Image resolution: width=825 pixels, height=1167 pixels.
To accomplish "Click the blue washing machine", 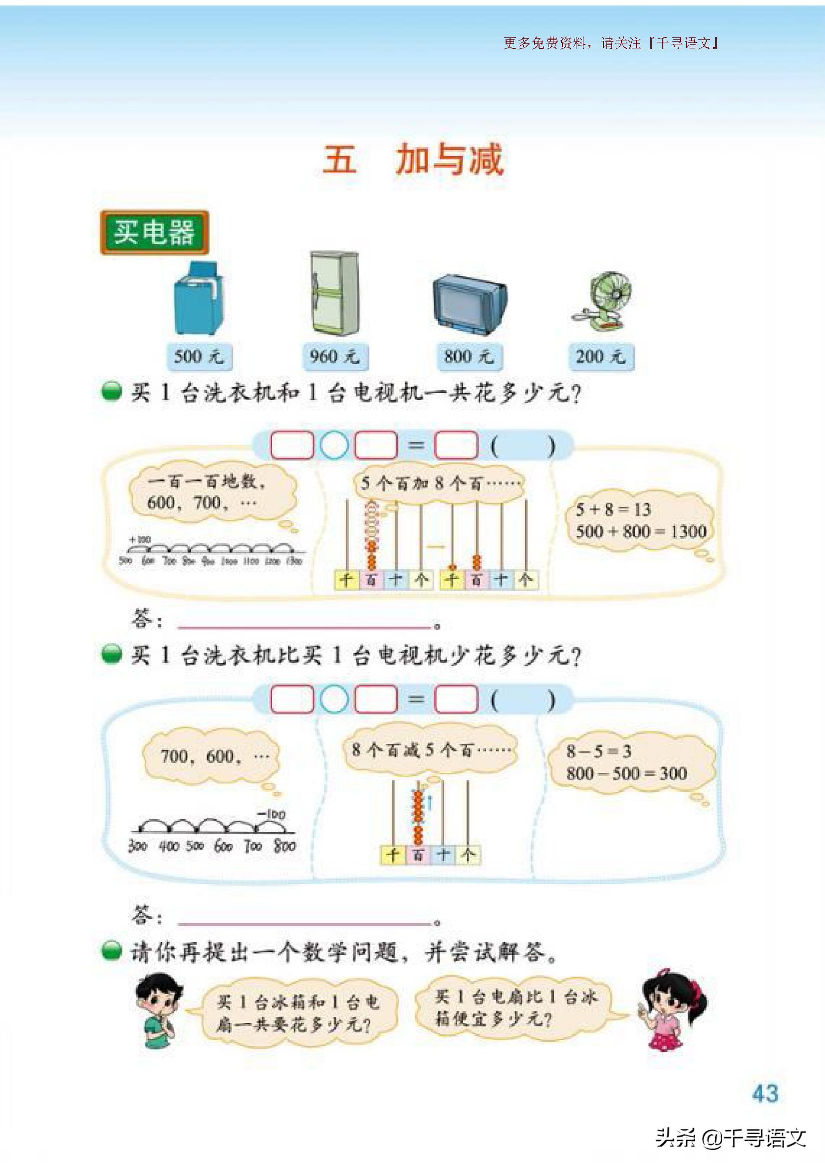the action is click(199, 298).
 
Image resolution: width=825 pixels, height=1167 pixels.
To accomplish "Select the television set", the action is click(469, 303).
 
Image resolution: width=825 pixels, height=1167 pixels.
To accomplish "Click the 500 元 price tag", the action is click(199, 356).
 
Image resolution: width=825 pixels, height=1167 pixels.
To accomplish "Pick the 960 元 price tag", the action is click(334, 356).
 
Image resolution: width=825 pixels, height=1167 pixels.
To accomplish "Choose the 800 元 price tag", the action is click(469, 356).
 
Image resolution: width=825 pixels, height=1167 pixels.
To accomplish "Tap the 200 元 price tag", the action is click(601, 356).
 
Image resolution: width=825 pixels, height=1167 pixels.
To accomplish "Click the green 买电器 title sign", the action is click(154, 233).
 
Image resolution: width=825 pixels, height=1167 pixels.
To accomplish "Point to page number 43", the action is click(765, 1092).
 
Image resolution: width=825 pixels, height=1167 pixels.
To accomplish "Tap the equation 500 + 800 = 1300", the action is click(640, 532).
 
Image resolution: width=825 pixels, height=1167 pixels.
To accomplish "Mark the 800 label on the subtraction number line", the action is click(284, 846).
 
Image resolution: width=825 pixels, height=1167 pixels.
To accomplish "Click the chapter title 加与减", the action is click(449, 160).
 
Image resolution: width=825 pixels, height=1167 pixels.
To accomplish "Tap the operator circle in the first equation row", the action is click(334, 445).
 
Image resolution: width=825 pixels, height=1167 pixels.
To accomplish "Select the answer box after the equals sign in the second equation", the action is click(456, 699).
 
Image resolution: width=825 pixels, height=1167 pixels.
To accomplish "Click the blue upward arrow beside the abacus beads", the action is click(429, 803).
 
